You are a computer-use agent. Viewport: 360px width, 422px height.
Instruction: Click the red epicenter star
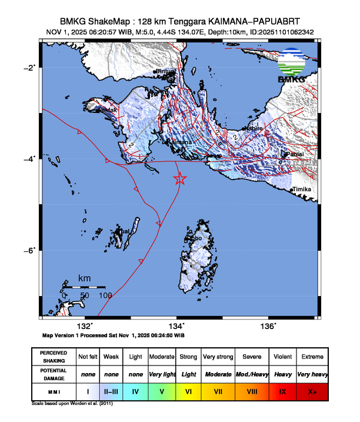pos(180,180)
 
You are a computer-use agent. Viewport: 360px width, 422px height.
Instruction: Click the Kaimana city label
pos(180,142)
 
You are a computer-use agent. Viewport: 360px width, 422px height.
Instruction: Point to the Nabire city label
pos(254,128)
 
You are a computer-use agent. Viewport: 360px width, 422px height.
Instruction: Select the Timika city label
pos(302,189)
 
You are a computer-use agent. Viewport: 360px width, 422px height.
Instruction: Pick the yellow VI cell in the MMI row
pos(188,390)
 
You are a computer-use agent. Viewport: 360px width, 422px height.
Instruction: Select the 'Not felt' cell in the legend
pos(88,357)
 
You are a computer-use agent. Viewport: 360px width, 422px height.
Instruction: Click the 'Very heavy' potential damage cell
pos(312,373)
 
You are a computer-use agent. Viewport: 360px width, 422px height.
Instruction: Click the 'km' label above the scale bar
pos(85,278)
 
